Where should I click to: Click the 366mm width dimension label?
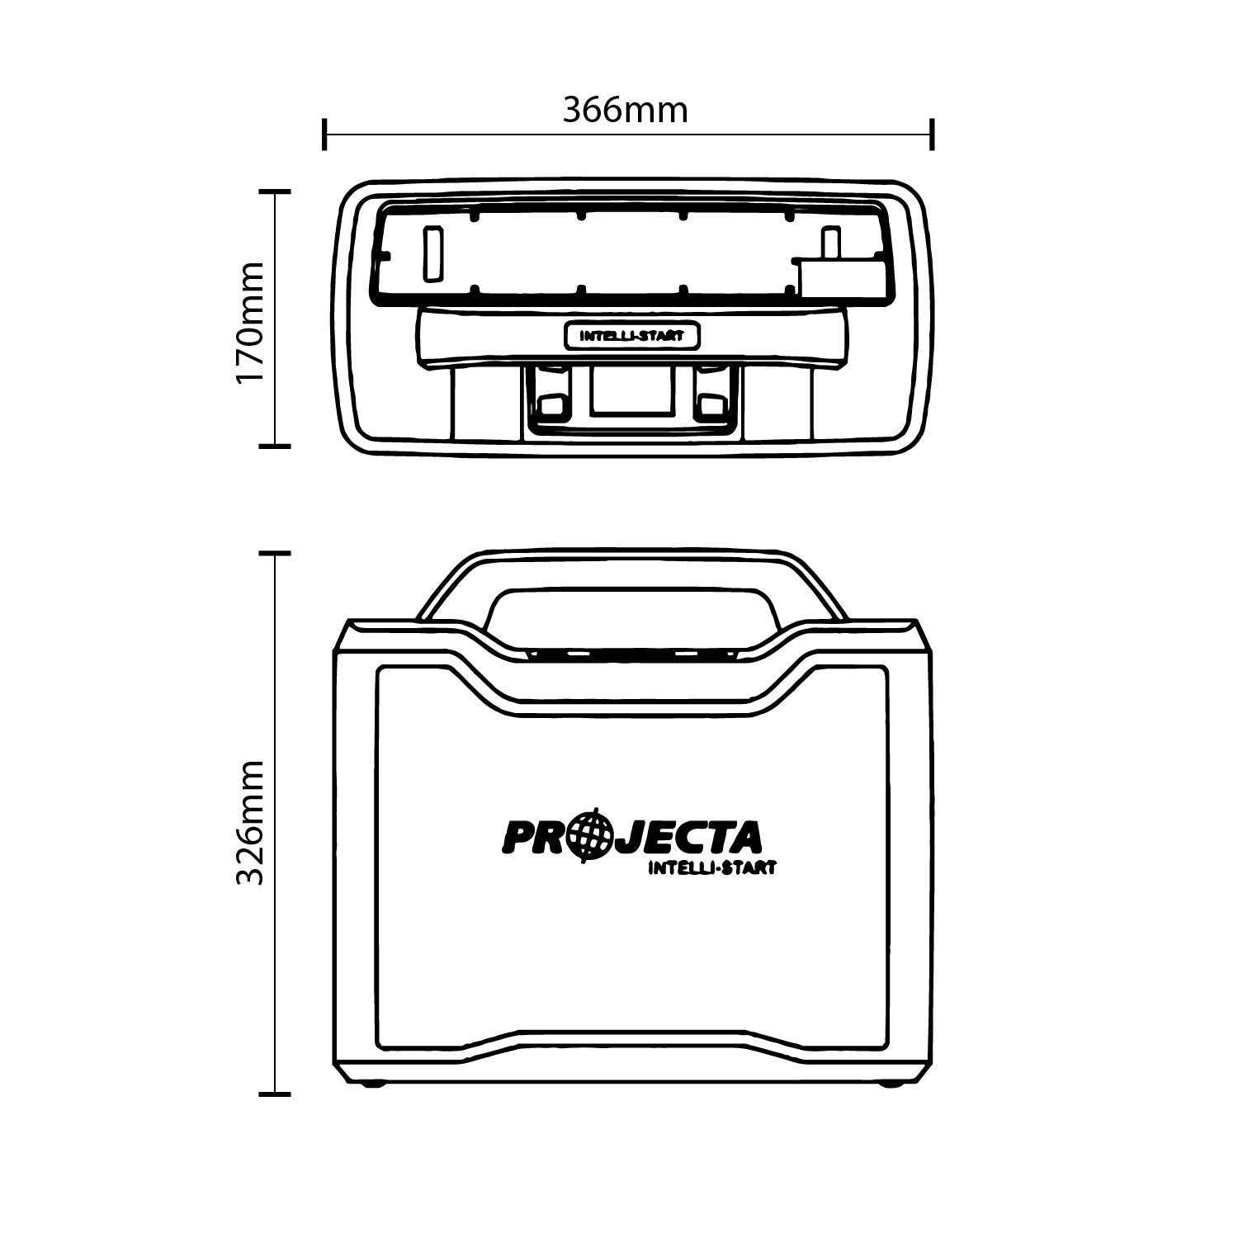click(x=625, y=110)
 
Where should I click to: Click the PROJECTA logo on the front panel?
click(x=631, y=837)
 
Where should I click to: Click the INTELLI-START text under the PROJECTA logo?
click(x=711, y=867)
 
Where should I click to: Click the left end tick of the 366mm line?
click(x=325, y=134)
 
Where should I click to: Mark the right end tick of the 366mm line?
click(x=932, y=134)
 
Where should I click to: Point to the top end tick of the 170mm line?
click(x=275, y=191)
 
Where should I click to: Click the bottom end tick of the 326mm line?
click(x=275, y=1094)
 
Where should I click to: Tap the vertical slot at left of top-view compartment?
click(x=432, y=254)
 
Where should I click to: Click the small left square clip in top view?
click(x=549, y=404)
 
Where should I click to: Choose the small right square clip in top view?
click(x=711, y=404)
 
